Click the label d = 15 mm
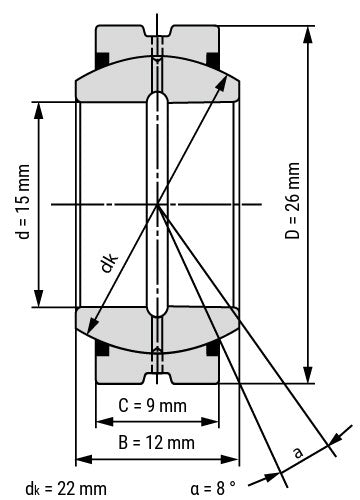[22, 204]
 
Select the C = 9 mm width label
[157, 406]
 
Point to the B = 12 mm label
[157, 442]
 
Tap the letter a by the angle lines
[296, 453]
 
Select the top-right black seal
[213, 55]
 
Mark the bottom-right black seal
[213, 349]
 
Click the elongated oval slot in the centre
[157, 202]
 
